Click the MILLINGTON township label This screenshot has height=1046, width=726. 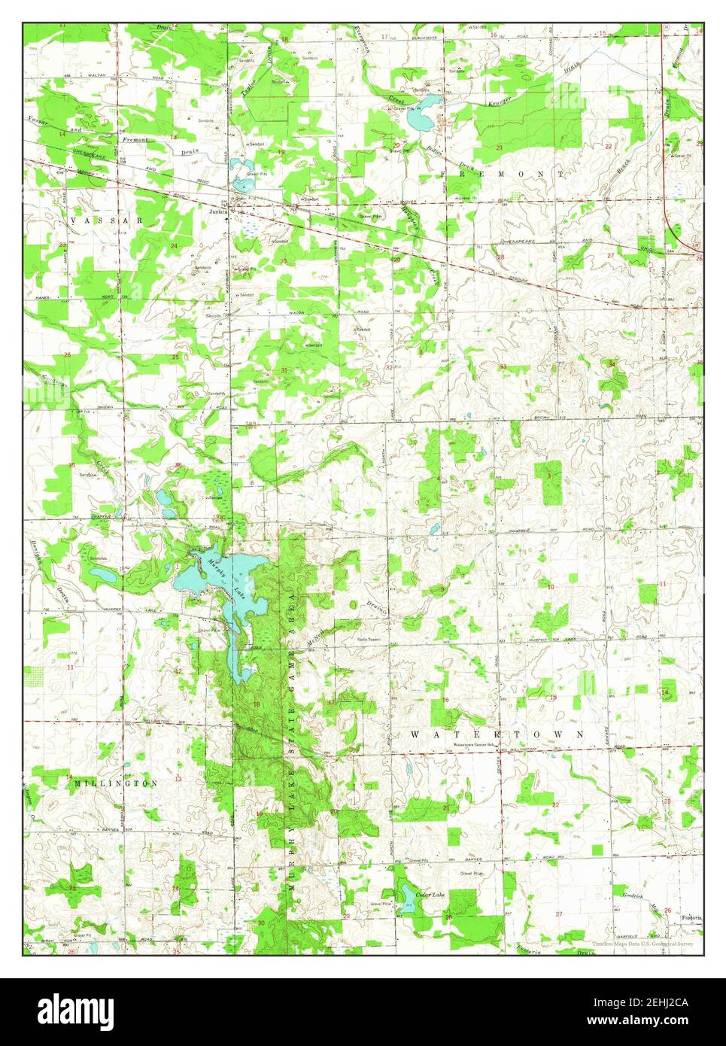(117, 783)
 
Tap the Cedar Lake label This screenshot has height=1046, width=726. (430, 894)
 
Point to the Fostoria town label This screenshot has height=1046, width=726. (691, 917)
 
